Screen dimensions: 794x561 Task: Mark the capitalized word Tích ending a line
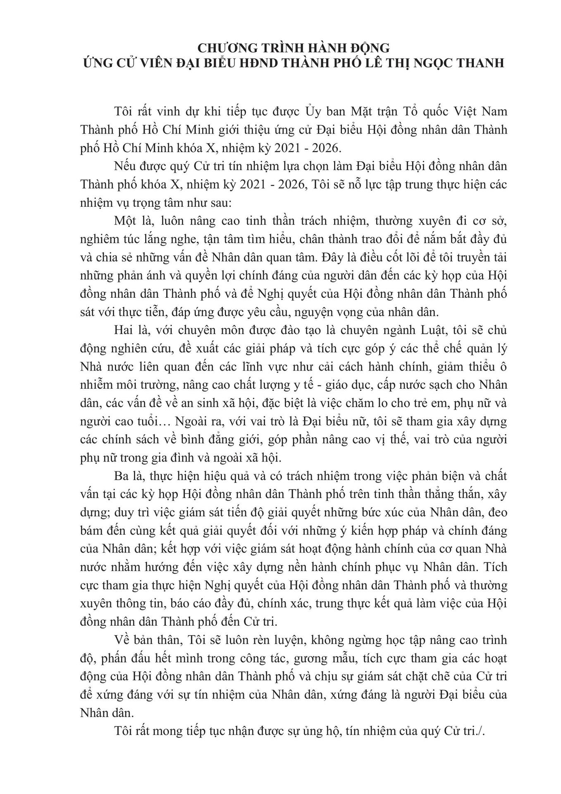pyautogui.click(x=494, y=567)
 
